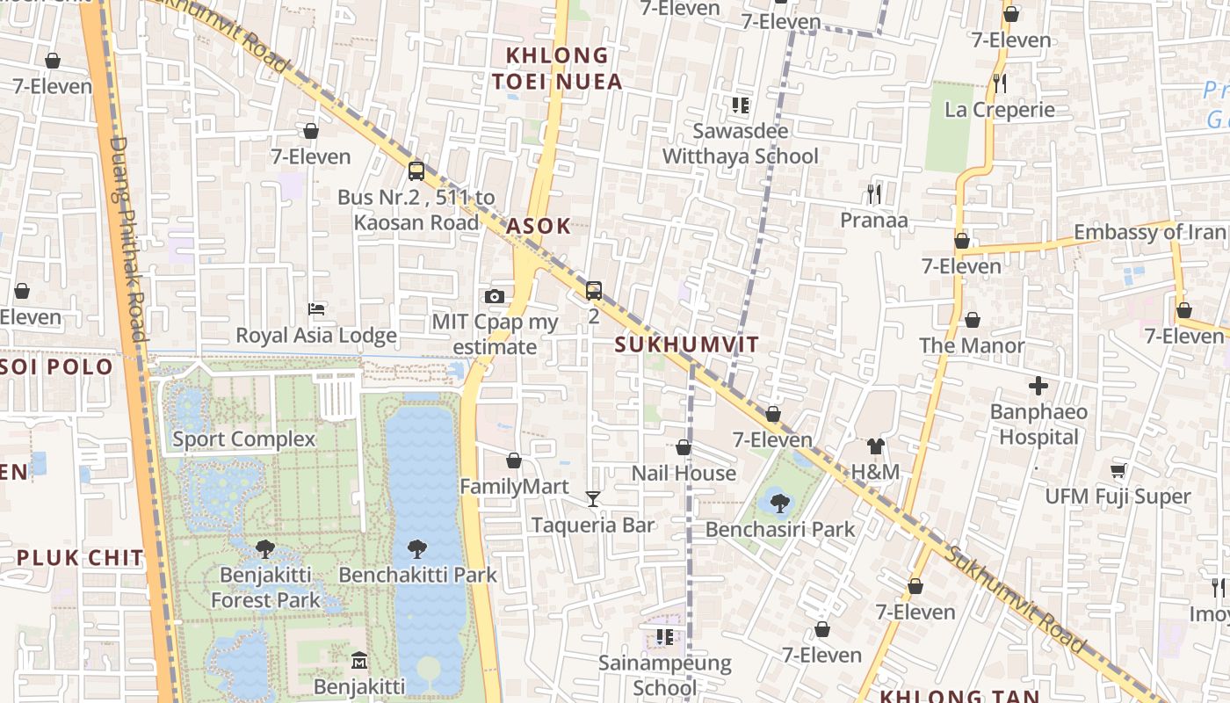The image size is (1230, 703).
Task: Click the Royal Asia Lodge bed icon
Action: pos(316,309)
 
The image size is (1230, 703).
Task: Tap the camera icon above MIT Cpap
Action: pos(495,297)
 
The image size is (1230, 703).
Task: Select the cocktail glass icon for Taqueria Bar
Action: pos(593,499)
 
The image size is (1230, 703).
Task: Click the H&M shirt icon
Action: pos(875,446)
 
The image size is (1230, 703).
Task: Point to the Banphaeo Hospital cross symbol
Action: pos(1038,386)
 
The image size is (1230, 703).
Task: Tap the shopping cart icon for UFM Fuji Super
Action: pos(1118,471)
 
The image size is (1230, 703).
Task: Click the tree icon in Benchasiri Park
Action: pos(778,504)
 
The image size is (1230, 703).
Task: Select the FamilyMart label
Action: pos(514,487)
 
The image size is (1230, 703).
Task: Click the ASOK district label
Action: pos(539,226)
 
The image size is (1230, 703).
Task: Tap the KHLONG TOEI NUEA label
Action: pos(557,69)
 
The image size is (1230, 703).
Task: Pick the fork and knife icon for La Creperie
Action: pos(999,83)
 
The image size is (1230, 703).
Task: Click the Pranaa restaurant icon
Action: pos(873,193)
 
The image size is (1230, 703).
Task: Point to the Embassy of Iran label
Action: pos(1149,232)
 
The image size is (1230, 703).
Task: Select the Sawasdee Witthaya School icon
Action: pos(741,105)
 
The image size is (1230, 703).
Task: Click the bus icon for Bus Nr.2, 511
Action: pos(416,170)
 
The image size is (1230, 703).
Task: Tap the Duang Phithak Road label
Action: pos(129,237)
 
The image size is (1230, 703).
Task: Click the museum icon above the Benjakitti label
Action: pos(359,660)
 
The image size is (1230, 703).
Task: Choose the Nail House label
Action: pos(684,474)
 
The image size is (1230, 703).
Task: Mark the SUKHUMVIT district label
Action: pos(686,344)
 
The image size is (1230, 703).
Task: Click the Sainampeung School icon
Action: pos(664,636)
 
